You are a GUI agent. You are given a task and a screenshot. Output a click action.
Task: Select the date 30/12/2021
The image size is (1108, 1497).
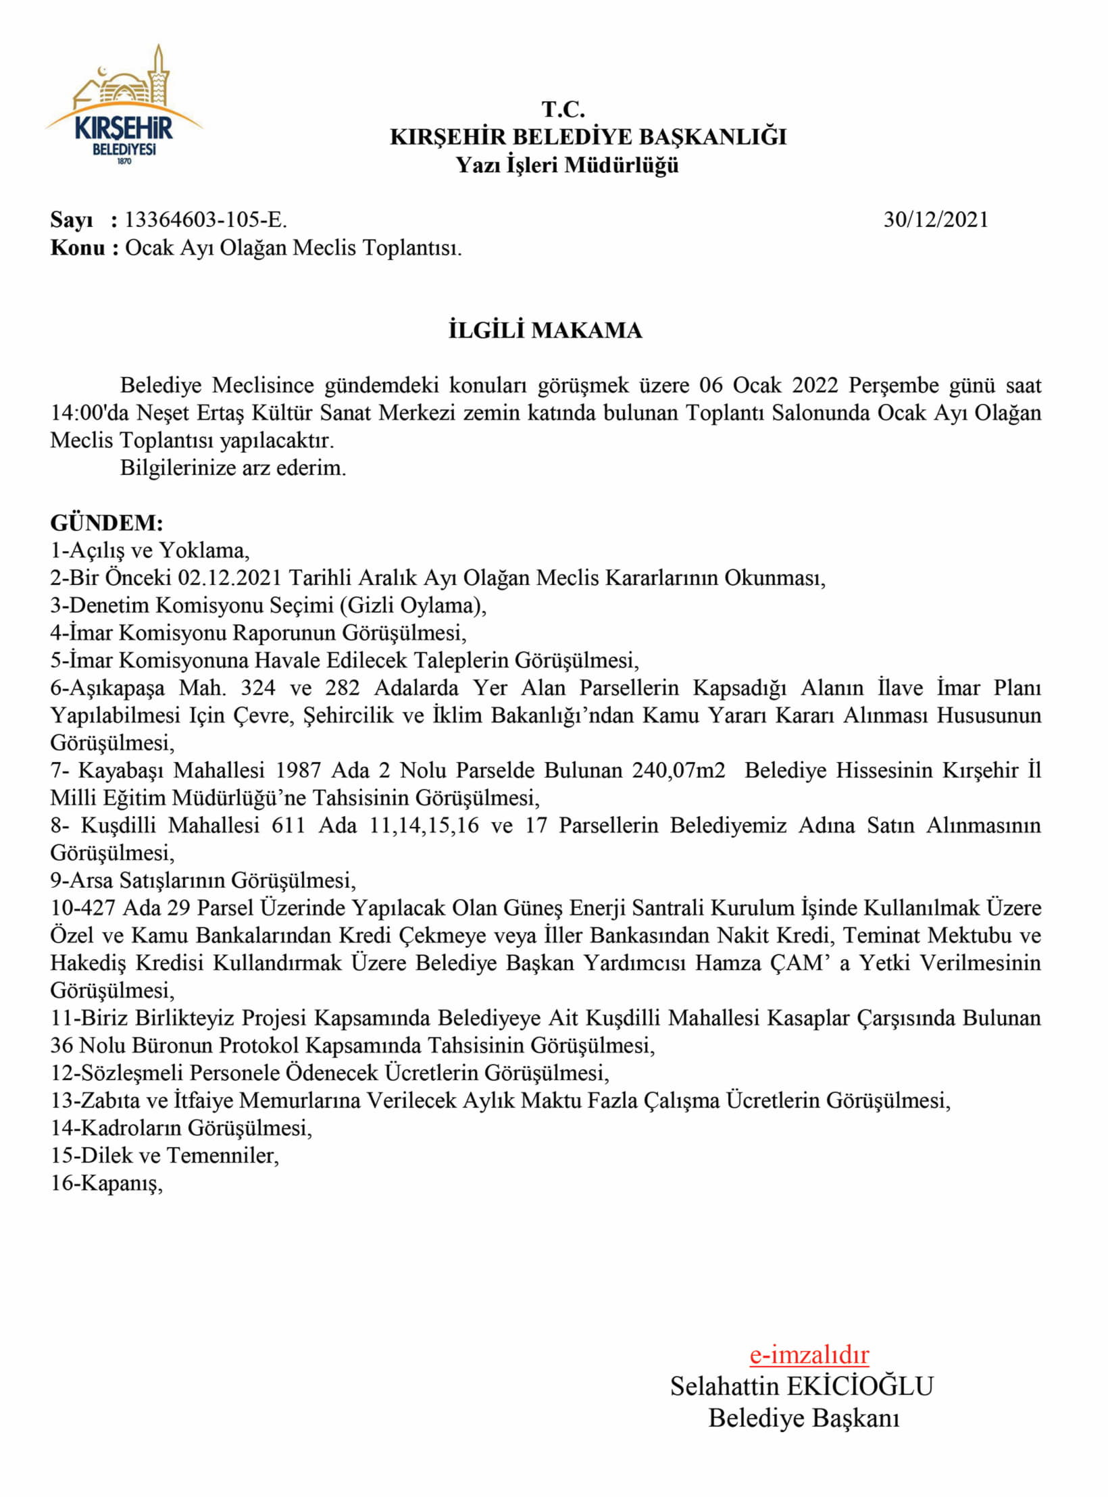[935, 220]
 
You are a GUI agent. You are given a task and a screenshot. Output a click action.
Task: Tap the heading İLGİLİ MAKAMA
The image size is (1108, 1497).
[545, 330]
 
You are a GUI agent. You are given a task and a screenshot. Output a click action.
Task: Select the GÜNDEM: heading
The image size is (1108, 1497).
[107, 523]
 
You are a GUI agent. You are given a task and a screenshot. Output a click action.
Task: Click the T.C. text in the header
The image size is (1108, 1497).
[563, 109]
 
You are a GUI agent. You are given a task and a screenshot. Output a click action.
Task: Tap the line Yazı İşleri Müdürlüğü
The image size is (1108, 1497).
[567, 165]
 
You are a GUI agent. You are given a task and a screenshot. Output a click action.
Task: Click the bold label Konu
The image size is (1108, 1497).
[78, 248]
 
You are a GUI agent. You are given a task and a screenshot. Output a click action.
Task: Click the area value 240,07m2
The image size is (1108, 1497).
[678, 770]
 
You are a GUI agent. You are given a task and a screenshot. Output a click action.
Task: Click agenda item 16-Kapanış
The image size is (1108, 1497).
[107, 1184]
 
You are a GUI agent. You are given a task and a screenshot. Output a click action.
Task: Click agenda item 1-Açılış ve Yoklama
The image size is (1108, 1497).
[150, 551]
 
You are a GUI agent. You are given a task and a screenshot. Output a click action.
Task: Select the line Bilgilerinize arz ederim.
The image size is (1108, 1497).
[233, 467]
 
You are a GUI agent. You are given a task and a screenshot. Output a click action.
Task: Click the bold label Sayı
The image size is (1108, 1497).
[72, 220]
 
